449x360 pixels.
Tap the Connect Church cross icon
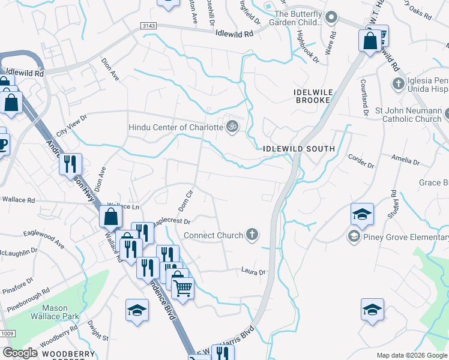click(253, 235)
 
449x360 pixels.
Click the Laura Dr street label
click(253, 272)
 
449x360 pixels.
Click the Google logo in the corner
click(20, 353)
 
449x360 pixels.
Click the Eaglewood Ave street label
click(44, 238)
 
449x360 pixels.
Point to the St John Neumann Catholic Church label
click(408, 115)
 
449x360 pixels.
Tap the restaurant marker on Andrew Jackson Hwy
click(70, 163)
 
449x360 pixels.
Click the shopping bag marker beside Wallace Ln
click(111, 216)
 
